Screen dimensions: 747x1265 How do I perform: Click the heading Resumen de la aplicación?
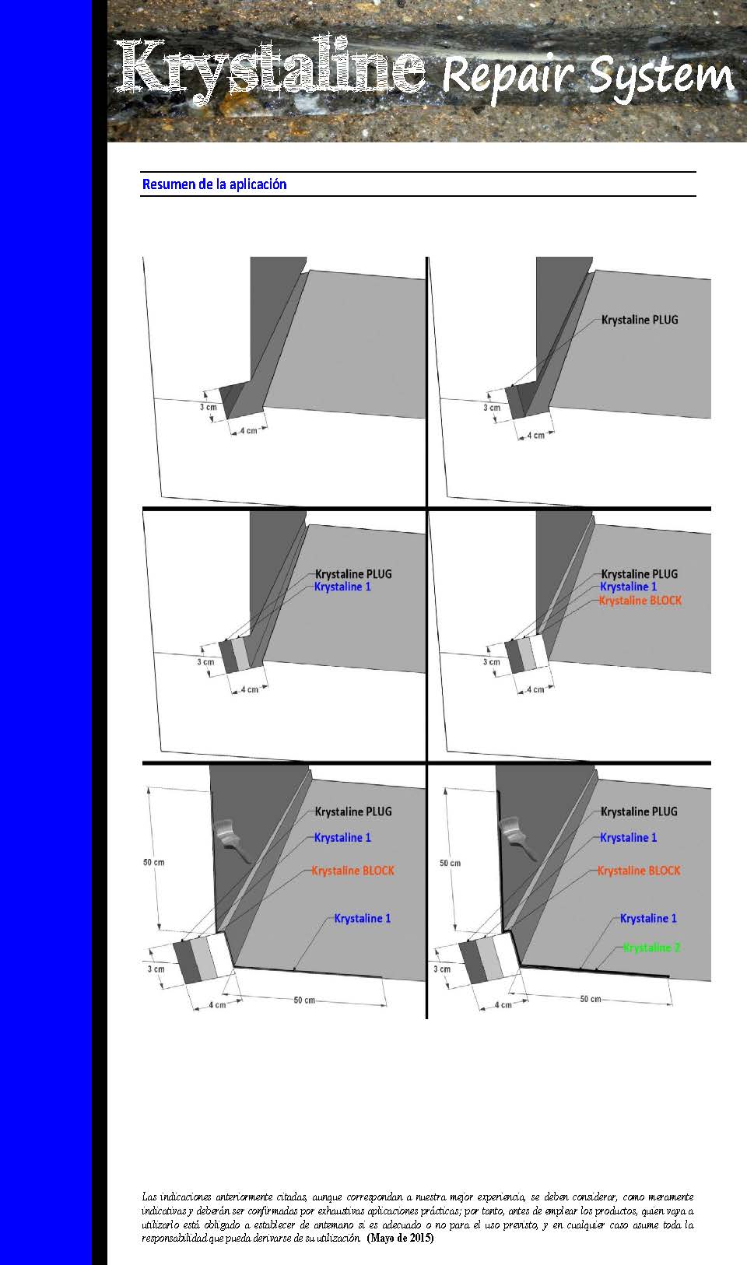[x=215, y=184]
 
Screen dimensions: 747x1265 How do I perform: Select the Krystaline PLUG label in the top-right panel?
[x=640, y=320]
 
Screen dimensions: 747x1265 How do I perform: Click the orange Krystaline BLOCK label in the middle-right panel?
[x=640, y=601]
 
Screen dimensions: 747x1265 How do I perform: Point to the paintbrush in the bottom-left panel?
[x=232, y=839]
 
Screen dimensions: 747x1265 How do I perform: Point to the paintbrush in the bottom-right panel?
[x=518, y=839]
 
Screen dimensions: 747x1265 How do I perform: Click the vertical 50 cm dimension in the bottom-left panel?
[x=153, y=862]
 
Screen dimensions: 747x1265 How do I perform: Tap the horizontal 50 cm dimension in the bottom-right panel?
[x=591, y=999]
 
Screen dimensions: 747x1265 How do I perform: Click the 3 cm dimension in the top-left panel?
[x=209, y=407]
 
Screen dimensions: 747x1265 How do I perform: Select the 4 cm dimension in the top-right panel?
[x=535, y=436]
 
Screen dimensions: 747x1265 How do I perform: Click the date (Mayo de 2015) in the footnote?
[x=400, y=1238]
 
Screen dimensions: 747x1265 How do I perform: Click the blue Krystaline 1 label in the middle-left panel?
[x=342, y=587]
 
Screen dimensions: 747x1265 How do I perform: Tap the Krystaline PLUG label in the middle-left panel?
[x=353, y=574]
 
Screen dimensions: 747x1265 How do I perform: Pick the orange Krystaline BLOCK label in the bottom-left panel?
[x=353, y=871]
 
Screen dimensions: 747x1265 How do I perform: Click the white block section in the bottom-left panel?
[x=220, y=955]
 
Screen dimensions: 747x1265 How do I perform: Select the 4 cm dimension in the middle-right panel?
[x=534, y=689]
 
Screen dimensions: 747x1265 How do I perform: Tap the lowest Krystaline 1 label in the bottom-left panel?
[x=363, y=918]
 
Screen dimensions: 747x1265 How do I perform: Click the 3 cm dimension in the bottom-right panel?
[x=442, y=969]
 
